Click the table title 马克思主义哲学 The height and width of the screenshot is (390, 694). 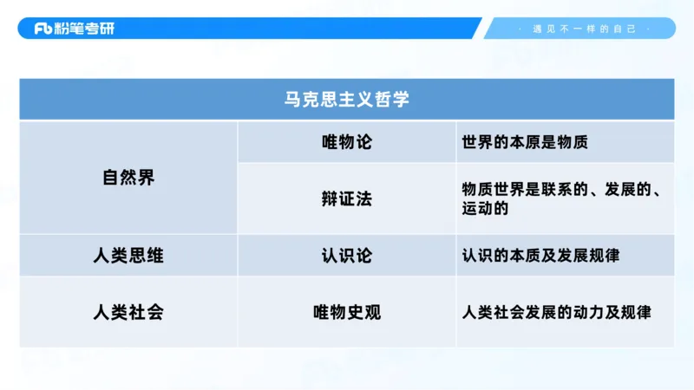click(x=346, y=99)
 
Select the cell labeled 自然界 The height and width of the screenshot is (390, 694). click(x=128, y=178)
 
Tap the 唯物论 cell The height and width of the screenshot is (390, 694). click(x=346, y=142)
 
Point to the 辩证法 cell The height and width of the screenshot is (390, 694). click(x=346, y=198)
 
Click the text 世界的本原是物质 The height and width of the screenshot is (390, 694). click(x=525, y=142)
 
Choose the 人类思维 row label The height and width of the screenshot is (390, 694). click(x=128, y=256)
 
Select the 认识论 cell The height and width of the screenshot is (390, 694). click(x=346, y=256)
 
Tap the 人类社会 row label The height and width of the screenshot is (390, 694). click(x=128, y=312)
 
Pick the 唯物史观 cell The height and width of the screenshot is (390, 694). click(x=346, y=312)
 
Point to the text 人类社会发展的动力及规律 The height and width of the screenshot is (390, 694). click(x=556, y=312)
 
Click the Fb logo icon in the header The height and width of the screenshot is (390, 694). click(x=43, y=29)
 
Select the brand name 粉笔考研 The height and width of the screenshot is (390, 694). click(x=84, y=29)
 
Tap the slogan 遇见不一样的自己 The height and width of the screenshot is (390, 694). click(x=584, y=29)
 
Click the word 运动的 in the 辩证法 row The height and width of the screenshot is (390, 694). click(x=485, y=209)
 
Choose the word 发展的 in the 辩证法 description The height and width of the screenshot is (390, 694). click(x=629, y=189)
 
